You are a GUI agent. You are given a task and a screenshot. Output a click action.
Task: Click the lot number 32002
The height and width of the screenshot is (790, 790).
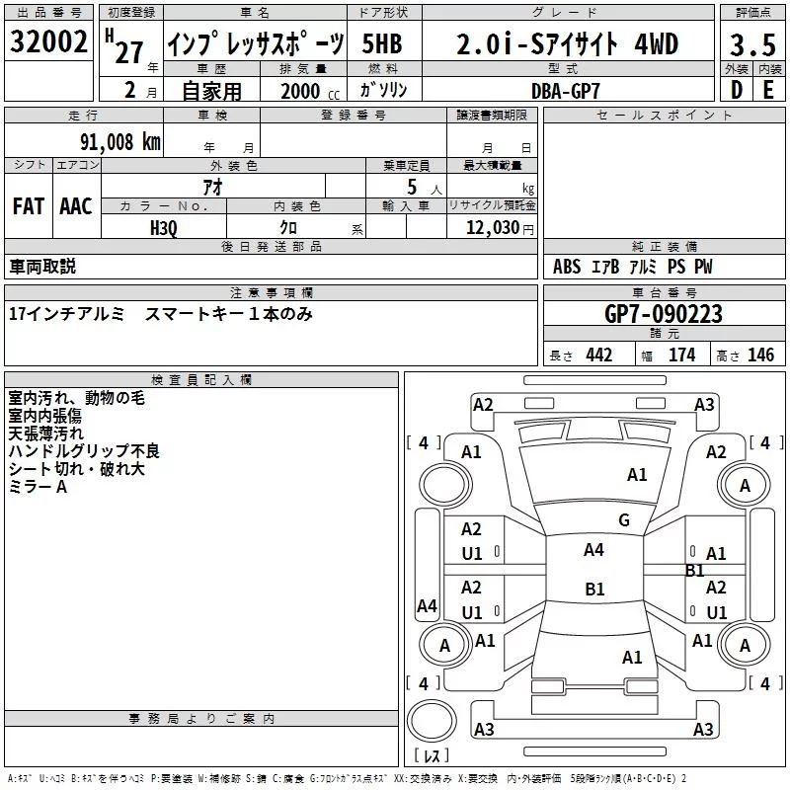click(49, 43)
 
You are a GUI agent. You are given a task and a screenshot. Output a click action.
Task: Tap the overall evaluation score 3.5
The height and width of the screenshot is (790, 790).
click(751, 44)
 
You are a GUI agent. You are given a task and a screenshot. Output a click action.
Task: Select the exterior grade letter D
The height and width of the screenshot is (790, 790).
click(736, 90)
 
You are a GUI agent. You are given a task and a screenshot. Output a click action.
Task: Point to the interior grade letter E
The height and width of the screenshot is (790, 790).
click(768, 90)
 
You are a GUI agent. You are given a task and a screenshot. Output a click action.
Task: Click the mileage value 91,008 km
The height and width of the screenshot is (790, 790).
click(118, 140)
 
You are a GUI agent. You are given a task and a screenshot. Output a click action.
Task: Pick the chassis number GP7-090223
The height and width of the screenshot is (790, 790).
click(664, 314)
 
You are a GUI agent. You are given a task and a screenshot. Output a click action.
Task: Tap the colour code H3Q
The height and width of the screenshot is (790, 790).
click(164, 227)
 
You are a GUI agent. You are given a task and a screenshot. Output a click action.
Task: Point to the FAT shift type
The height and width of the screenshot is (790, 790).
click(28, 205)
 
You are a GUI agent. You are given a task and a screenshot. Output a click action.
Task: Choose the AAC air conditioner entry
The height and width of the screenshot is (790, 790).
click(76, 205)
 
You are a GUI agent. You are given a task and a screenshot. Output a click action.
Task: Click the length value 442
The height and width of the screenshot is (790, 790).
click(598, 355)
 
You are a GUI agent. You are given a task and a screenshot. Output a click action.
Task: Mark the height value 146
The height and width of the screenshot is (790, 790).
click(760, 355)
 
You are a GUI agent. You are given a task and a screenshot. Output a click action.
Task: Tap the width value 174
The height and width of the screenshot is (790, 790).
click(681, 355)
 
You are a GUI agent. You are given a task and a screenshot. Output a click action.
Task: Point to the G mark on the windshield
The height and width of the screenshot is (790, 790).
click(623, 520)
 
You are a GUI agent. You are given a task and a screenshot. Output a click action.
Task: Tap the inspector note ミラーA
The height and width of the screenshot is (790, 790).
click(38, 487)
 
